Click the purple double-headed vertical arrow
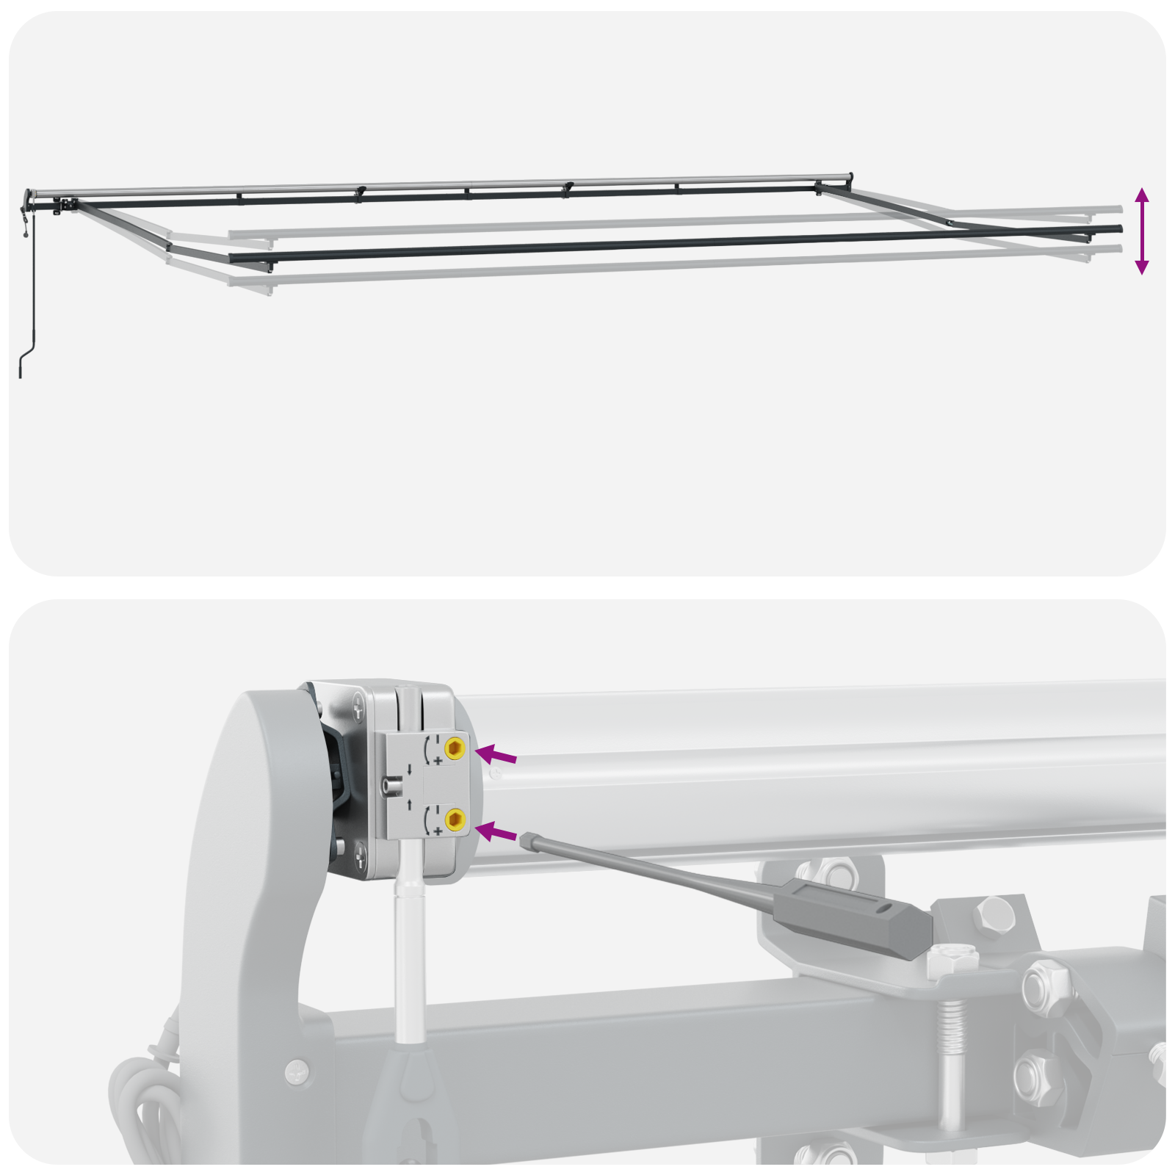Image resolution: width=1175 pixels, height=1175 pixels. click(x=1141, y=231)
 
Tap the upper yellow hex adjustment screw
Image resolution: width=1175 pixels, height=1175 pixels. click(x=455, y=748)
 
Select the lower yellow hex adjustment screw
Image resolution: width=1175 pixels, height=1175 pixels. click(x=455, y=818)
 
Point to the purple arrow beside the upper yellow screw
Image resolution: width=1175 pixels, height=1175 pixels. click(x=496, y=755)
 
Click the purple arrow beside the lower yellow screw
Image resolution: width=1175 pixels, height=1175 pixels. click(x=497, y=833)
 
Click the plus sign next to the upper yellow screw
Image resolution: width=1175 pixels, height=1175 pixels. click(x=438, y=761)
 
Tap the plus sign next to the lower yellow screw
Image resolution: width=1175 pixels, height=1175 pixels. click(x=438, y=831)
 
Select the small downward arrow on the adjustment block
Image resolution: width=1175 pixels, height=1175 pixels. click(x=409, y=769)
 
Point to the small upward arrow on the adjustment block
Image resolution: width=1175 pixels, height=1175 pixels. click(x=409, y=804)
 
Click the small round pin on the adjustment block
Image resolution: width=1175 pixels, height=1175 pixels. click(x=391, y=787)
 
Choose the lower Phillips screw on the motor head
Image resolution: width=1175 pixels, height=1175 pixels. click(x=360, y=853)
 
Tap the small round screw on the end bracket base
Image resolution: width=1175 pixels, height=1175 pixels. click(x=297, y=1070)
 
